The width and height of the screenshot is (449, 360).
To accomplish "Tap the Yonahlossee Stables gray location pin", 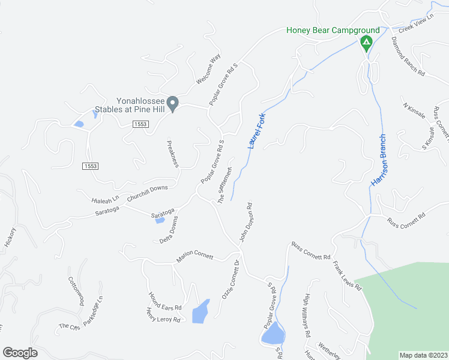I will click(x=173, y=104).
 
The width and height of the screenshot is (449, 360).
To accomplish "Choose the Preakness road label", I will click(x=172, y=154).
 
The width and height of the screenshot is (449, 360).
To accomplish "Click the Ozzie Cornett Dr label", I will click(x=231, y=280).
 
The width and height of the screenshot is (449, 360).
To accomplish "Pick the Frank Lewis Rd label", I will click(x=348, y=275).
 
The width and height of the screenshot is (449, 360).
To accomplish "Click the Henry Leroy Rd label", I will click(x=163, y=316).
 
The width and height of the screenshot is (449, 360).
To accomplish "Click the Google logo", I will click(x=20, y=353).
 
